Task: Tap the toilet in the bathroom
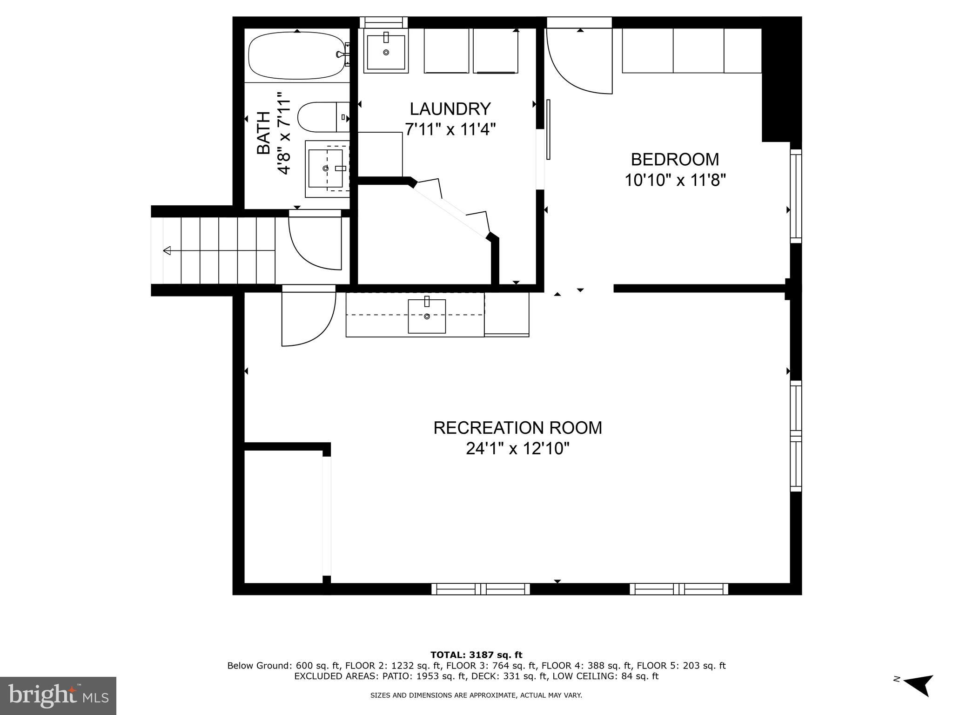click(322, 117)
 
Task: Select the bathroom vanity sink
click(326, 168)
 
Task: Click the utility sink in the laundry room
click(386, 52)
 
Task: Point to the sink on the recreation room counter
click(427, 316)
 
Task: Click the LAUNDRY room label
click(450, 109)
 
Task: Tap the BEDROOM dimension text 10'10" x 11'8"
click(675, 180)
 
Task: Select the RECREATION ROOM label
click(517, 428)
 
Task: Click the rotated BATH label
click(264, 133)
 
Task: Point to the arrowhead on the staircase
click(167, 251)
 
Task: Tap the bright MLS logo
click(58, 695)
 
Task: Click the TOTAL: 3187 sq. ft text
click(476, 655)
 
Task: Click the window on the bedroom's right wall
click(796, 196)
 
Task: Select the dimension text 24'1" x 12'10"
click(517, 449)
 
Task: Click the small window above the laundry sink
click(384, 22)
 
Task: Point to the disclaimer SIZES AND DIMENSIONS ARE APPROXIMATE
click(476, 695)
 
